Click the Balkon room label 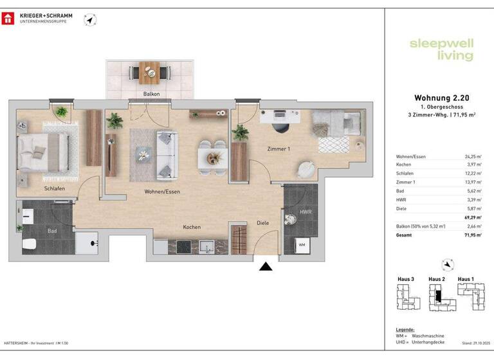coord(151,94)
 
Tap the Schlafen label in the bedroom coord(55,188)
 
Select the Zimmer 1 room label coord(279,149)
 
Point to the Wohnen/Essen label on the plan coord(162,192)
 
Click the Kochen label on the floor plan coord(192,227)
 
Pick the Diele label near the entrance coord(262,222)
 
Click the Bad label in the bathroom coord(52,230)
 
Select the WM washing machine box coord(302,244)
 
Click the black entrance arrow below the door coord(266,267)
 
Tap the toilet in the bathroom coord(28,244)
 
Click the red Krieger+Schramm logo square coord(8,17)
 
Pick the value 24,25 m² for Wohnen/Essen coord(472,157)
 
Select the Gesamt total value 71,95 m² coord(472,236)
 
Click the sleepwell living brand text coord(441,50)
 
